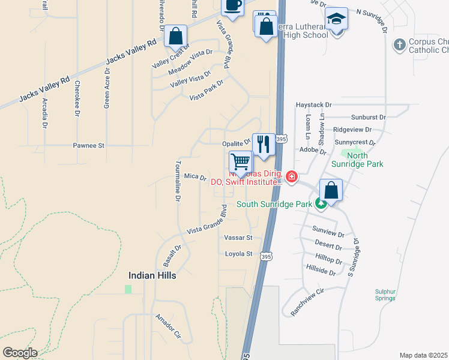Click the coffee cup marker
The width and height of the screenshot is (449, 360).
coord(232,6)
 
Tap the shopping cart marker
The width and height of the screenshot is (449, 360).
coord(240,162)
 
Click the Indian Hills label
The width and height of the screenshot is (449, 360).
coord(152,275)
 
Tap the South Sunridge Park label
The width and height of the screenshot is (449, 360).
coord(274,204)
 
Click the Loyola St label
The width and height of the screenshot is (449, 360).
coord(239,254)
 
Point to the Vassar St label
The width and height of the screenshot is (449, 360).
coord(238,238)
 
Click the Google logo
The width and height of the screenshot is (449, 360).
coord(20,353)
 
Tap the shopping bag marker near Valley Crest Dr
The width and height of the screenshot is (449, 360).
coord(175,37)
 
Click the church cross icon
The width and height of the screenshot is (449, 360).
coord(400,44)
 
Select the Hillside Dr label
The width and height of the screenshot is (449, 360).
coord(321,271)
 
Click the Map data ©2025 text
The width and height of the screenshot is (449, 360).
coord(423,355)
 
